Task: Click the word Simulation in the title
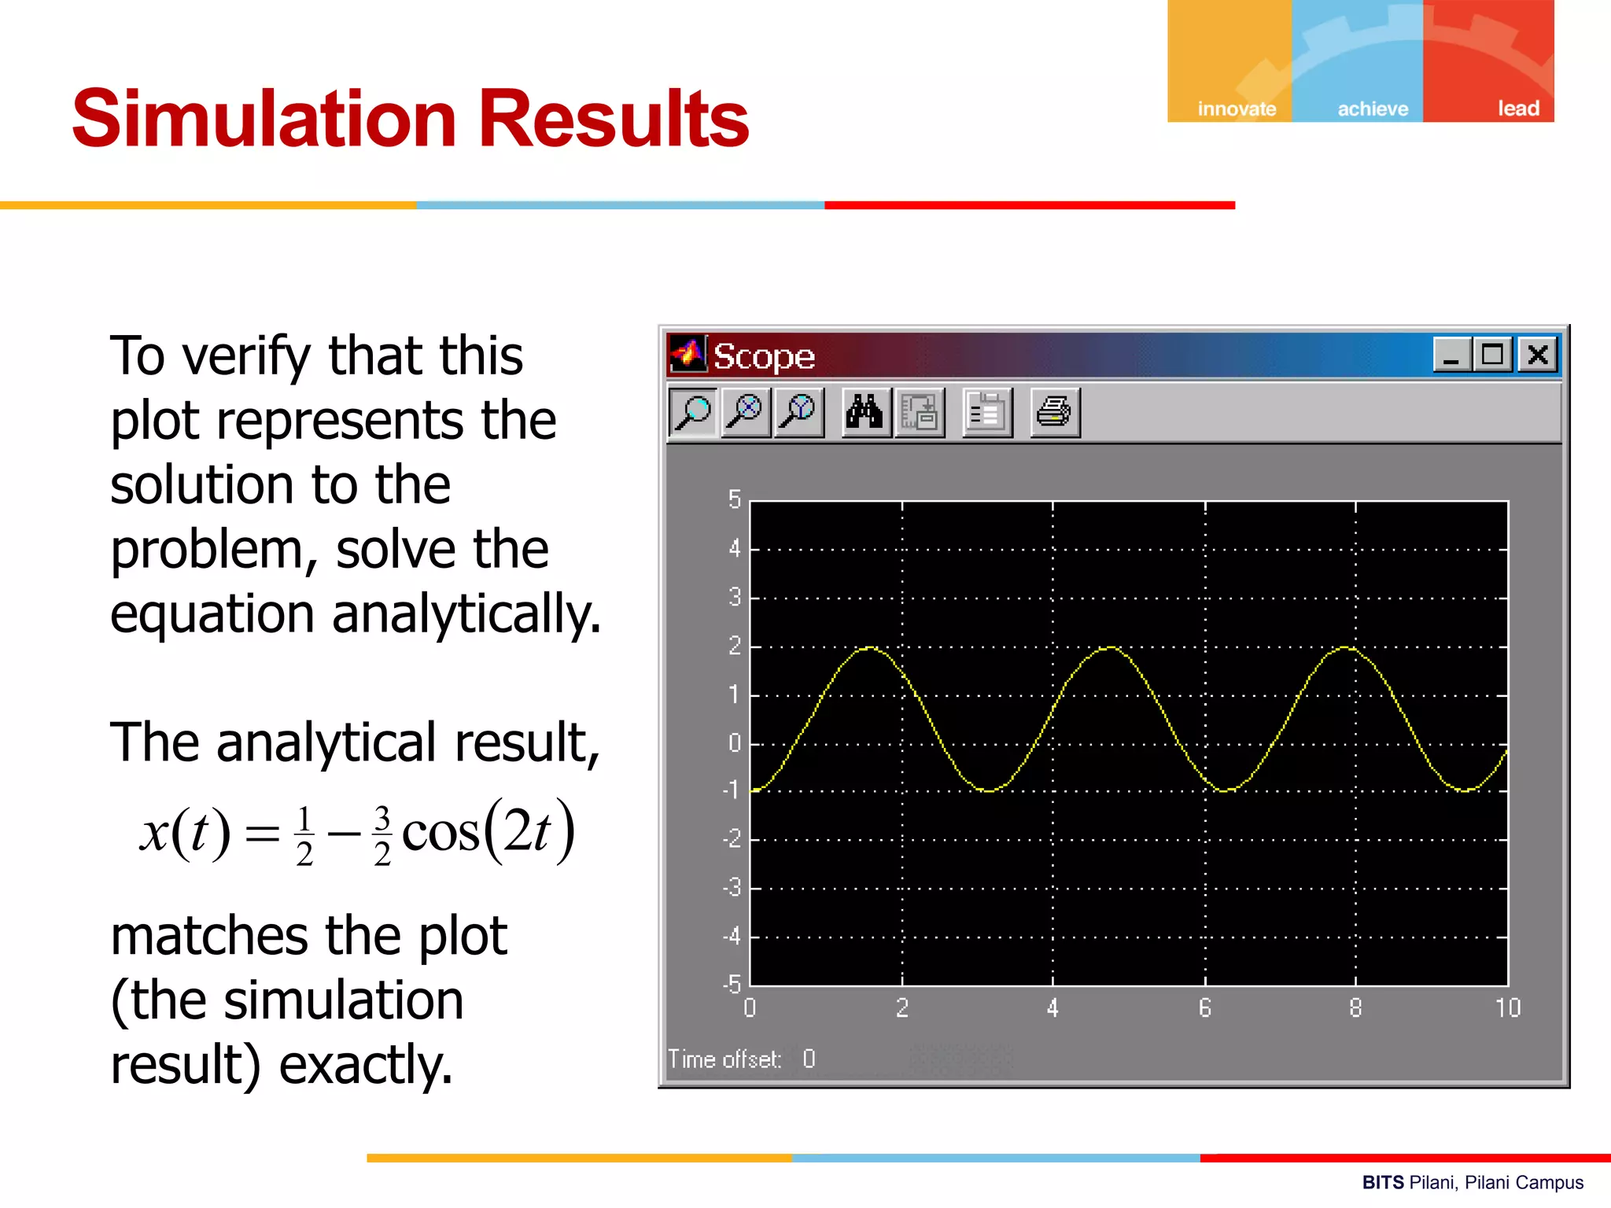[x=264, y=119]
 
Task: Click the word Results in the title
[x=614, y=119]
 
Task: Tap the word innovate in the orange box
[x=1237, y=109]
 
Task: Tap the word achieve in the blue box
[x=1373, y=109]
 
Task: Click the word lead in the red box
[x=1517, y=108]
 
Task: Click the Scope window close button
[x=1538, y=355]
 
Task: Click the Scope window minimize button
[x=1451, y=355]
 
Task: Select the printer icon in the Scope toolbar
[x=1054, y=412]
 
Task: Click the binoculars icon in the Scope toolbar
[x=864, y=412]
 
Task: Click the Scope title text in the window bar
[x=763, y=357]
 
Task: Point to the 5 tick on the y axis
[x=734, y=499]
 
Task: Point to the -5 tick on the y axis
[x=732, y=983]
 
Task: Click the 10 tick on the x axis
[x=1507, y=1007]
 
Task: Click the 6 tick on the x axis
[x=1204, y=1007]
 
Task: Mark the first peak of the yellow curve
[x=870, y=647]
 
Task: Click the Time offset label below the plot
[x=724, y=1059]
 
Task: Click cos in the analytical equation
[x=440, y=832]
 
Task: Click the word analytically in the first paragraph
[x=466, y=614]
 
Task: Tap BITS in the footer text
[x=1382, y=1183]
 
